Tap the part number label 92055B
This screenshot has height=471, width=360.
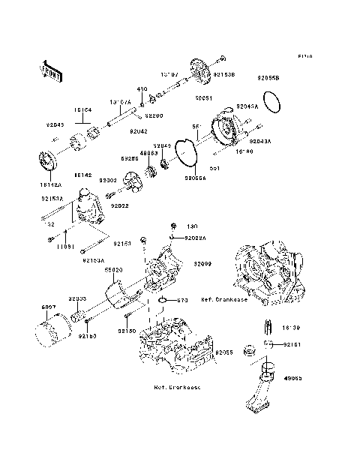268,79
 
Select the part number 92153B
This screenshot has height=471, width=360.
224,75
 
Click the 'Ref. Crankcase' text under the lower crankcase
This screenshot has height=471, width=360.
178,409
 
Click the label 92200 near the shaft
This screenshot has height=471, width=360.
154,116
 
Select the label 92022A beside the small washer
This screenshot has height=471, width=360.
191,238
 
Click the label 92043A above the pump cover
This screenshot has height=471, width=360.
247,107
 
